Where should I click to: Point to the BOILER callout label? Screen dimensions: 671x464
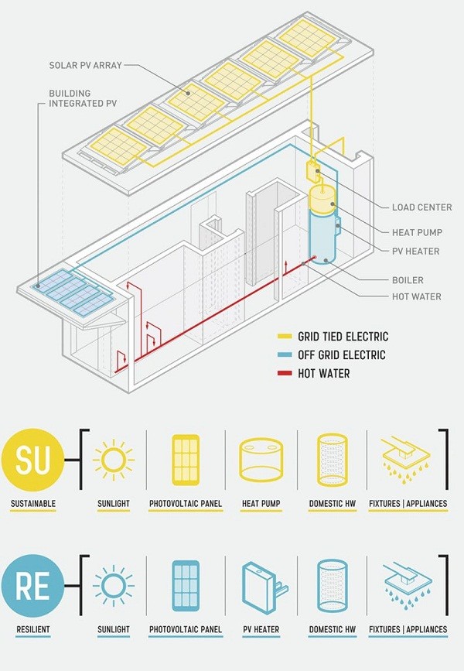tap(408, 279)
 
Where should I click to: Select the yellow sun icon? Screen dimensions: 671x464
tap(114, 458)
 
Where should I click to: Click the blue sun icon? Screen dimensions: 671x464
tap(114, 585)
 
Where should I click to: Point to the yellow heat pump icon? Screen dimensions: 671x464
tap(261, 459)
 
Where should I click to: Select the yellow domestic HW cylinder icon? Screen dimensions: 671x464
tap(333, 459)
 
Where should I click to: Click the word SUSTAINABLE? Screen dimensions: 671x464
tap(33, 504)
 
